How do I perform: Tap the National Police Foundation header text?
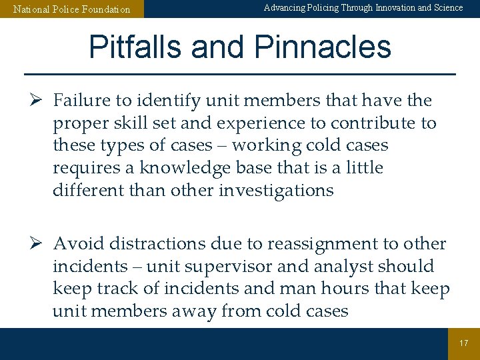click(72, 9)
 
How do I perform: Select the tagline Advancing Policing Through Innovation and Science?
click(363, 8)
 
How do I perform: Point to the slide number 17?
click(464, 343)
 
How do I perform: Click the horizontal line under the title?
click(240, 73)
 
